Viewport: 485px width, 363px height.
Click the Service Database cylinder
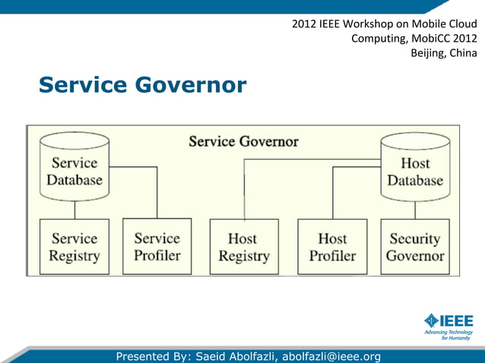click(x=74, y=169)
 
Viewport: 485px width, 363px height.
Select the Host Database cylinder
click(x=414, y=169)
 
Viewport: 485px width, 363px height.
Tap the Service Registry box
click(x=74, y=247)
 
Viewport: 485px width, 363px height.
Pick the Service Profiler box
click(x=157, y=247)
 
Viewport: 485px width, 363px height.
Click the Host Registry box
click(x=242, y=247)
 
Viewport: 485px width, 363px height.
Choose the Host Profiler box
click(x=332, y=247)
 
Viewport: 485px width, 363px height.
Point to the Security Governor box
click(x=414, y=247)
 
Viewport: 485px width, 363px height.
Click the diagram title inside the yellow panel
click(x=243, y=141)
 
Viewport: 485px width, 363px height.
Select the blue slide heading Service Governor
click(x=142, y=85)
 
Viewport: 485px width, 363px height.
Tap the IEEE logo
click(x=449, y=320)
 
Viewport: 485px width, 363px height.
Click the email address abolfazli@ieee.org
click(x=331, y=356)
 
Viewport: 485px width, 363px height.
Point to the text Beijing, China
click(x=444, y=53)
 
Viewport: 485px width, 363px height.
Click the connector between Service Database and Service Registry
click(x=74, y=210)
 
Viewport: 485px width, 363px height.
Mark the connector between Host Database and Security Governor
click(x=415, y=210)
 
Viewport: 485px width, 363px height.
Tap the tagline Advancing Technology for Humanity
click(x=449, y=336)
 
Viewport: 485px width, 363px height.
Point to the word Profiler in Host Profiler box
click(x=332, y=256)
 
